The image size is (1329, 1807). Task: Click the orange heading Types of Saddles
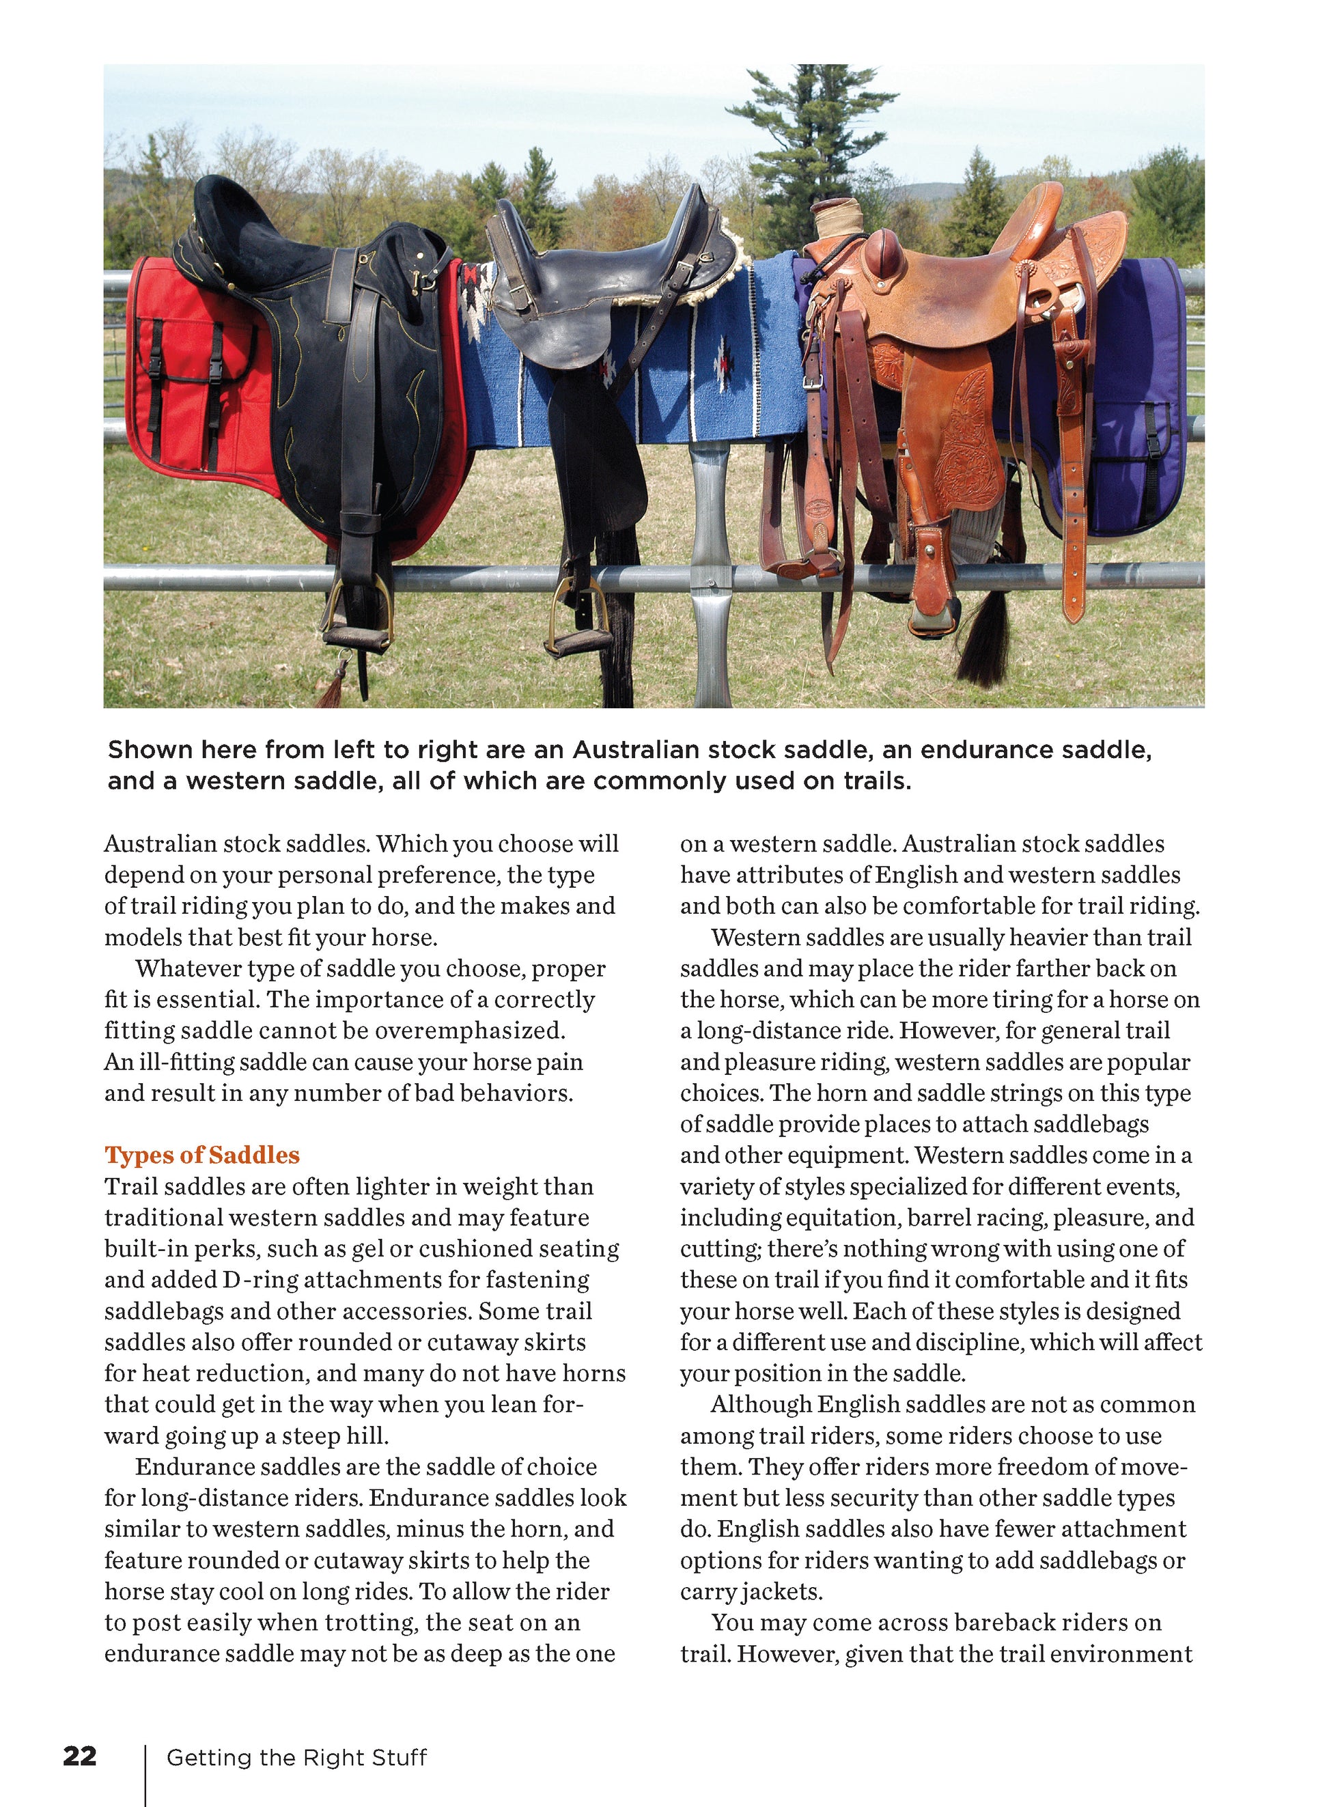[x=202, y=1155]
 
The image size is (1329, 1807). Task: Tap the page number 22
[x=80, y=1756]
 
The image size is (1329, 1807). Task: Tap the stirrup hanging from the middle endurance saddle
[x=574, y=631]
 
